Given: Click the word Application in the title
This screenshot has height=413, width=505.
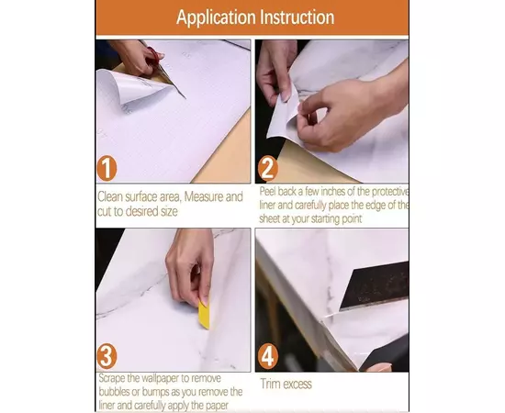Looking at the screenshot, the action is click(x=216, y=17).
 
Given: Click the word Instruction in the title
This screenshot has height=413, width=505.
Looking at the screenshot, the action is click(x=297, y=17).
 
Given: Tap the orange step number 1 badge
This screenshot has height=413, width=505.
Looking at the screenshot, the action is click(x=107, y=168).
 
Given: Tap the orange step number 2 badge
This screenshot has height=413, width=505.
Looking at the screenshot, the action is click(x=267, y=168).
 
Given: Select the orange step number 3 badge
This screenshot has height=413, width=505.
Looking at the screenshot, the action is click(x=107, y=356).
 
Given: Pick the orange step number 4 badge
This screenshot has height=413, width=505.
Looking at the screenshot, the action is click(x=267, y=356).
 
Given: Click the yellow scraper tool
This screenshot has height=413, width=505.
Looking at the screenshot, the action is click(x=204, y=315).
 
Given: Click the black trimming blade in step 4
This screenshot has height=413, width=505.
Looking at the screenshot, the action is click(x=375, y=285).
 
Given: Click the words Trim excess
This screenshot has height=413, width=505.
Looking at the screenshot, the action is click(x=286, y=384).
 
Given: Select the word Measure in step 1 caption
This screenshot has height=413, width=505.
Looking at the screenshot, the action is click(x=203, y=196).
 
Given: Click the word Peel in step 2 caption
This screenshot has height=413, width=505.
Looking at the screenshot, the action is click(x=267, y=191).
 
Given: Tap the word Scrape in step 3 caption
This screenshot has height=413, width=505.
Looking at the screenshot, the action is click(x=112, y=377).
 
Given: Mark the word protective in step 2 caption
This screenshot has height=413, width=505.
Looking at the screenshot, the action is click(x=389, y=192).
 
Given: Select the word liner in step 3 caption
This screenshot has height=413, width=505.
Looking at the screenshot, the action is click(x=107, y=406).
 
